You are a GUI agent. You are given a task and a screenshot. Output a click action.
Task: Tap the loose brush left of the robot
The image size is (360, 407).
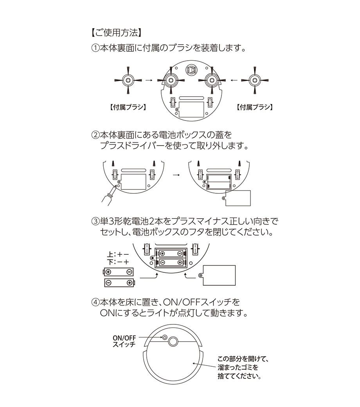coord(128,80)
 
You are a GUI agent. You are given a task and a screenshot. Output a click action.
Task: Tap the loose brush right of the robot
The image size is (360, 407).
coord(254,80)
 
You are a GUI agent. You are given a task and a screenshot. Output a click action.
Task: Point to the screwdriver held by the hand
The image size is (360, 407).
coord(113,191)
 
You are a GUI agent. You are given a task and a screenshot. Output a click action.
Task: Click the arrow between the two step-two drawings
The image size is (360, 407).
coord(176,175)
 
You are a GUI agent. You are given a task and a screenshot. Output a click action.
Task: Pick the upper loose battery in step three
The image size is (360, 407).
coord(118,272)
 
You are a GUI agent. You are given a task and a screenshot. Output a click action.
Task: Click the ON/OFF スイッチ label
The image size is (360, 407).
coord(124,341)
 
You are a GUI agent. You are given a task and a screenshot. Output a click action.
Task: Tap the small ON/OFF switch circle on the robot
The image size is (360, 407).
coord(165,338)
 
